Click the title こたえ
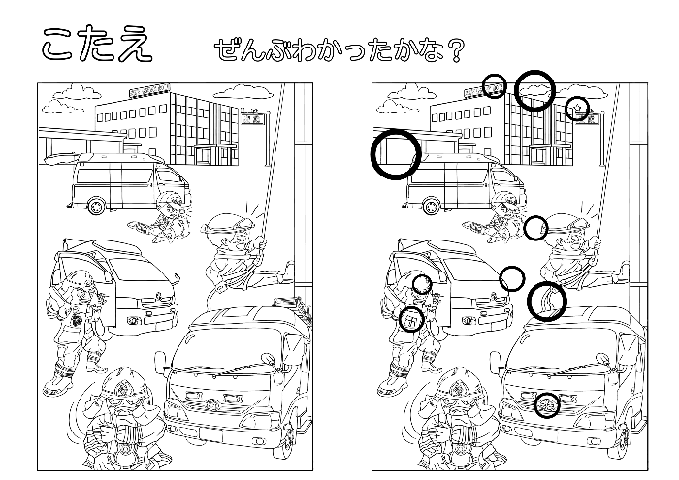point(96,43)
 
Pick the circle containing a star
point(577,107)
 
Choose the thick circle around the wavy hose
point(547,301)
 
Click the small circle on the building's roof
point(495,85)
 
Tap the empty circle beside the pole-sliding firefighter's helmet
point(536,228)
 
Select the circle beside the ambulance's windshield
point(512,279)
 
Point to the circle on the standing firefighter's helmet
point(422,284)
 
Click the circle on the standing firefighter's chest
point(411,319)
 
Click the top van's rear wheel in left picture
point(98,205)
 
